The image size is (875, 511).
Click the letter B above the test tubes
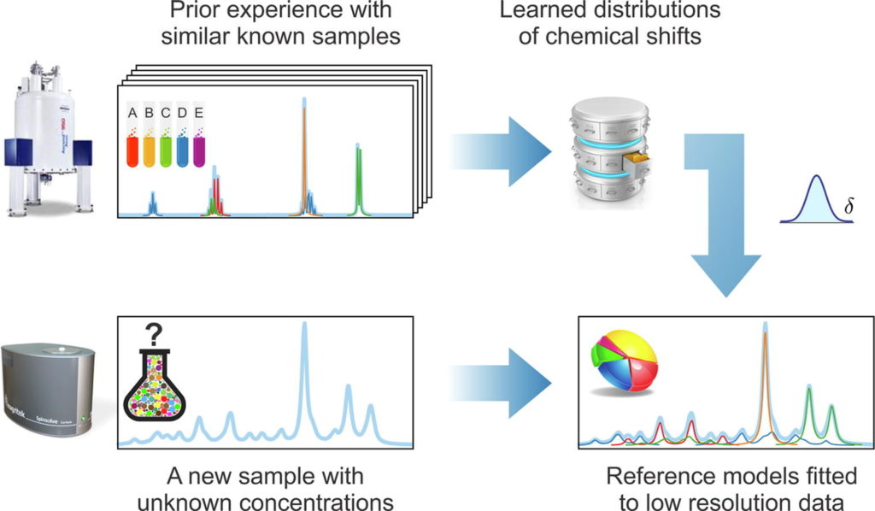click(149, 113)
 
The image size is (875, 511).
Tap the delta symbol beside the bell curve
click(849, 208)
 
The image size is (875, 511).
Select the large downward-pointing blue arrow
click(725, 222)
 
